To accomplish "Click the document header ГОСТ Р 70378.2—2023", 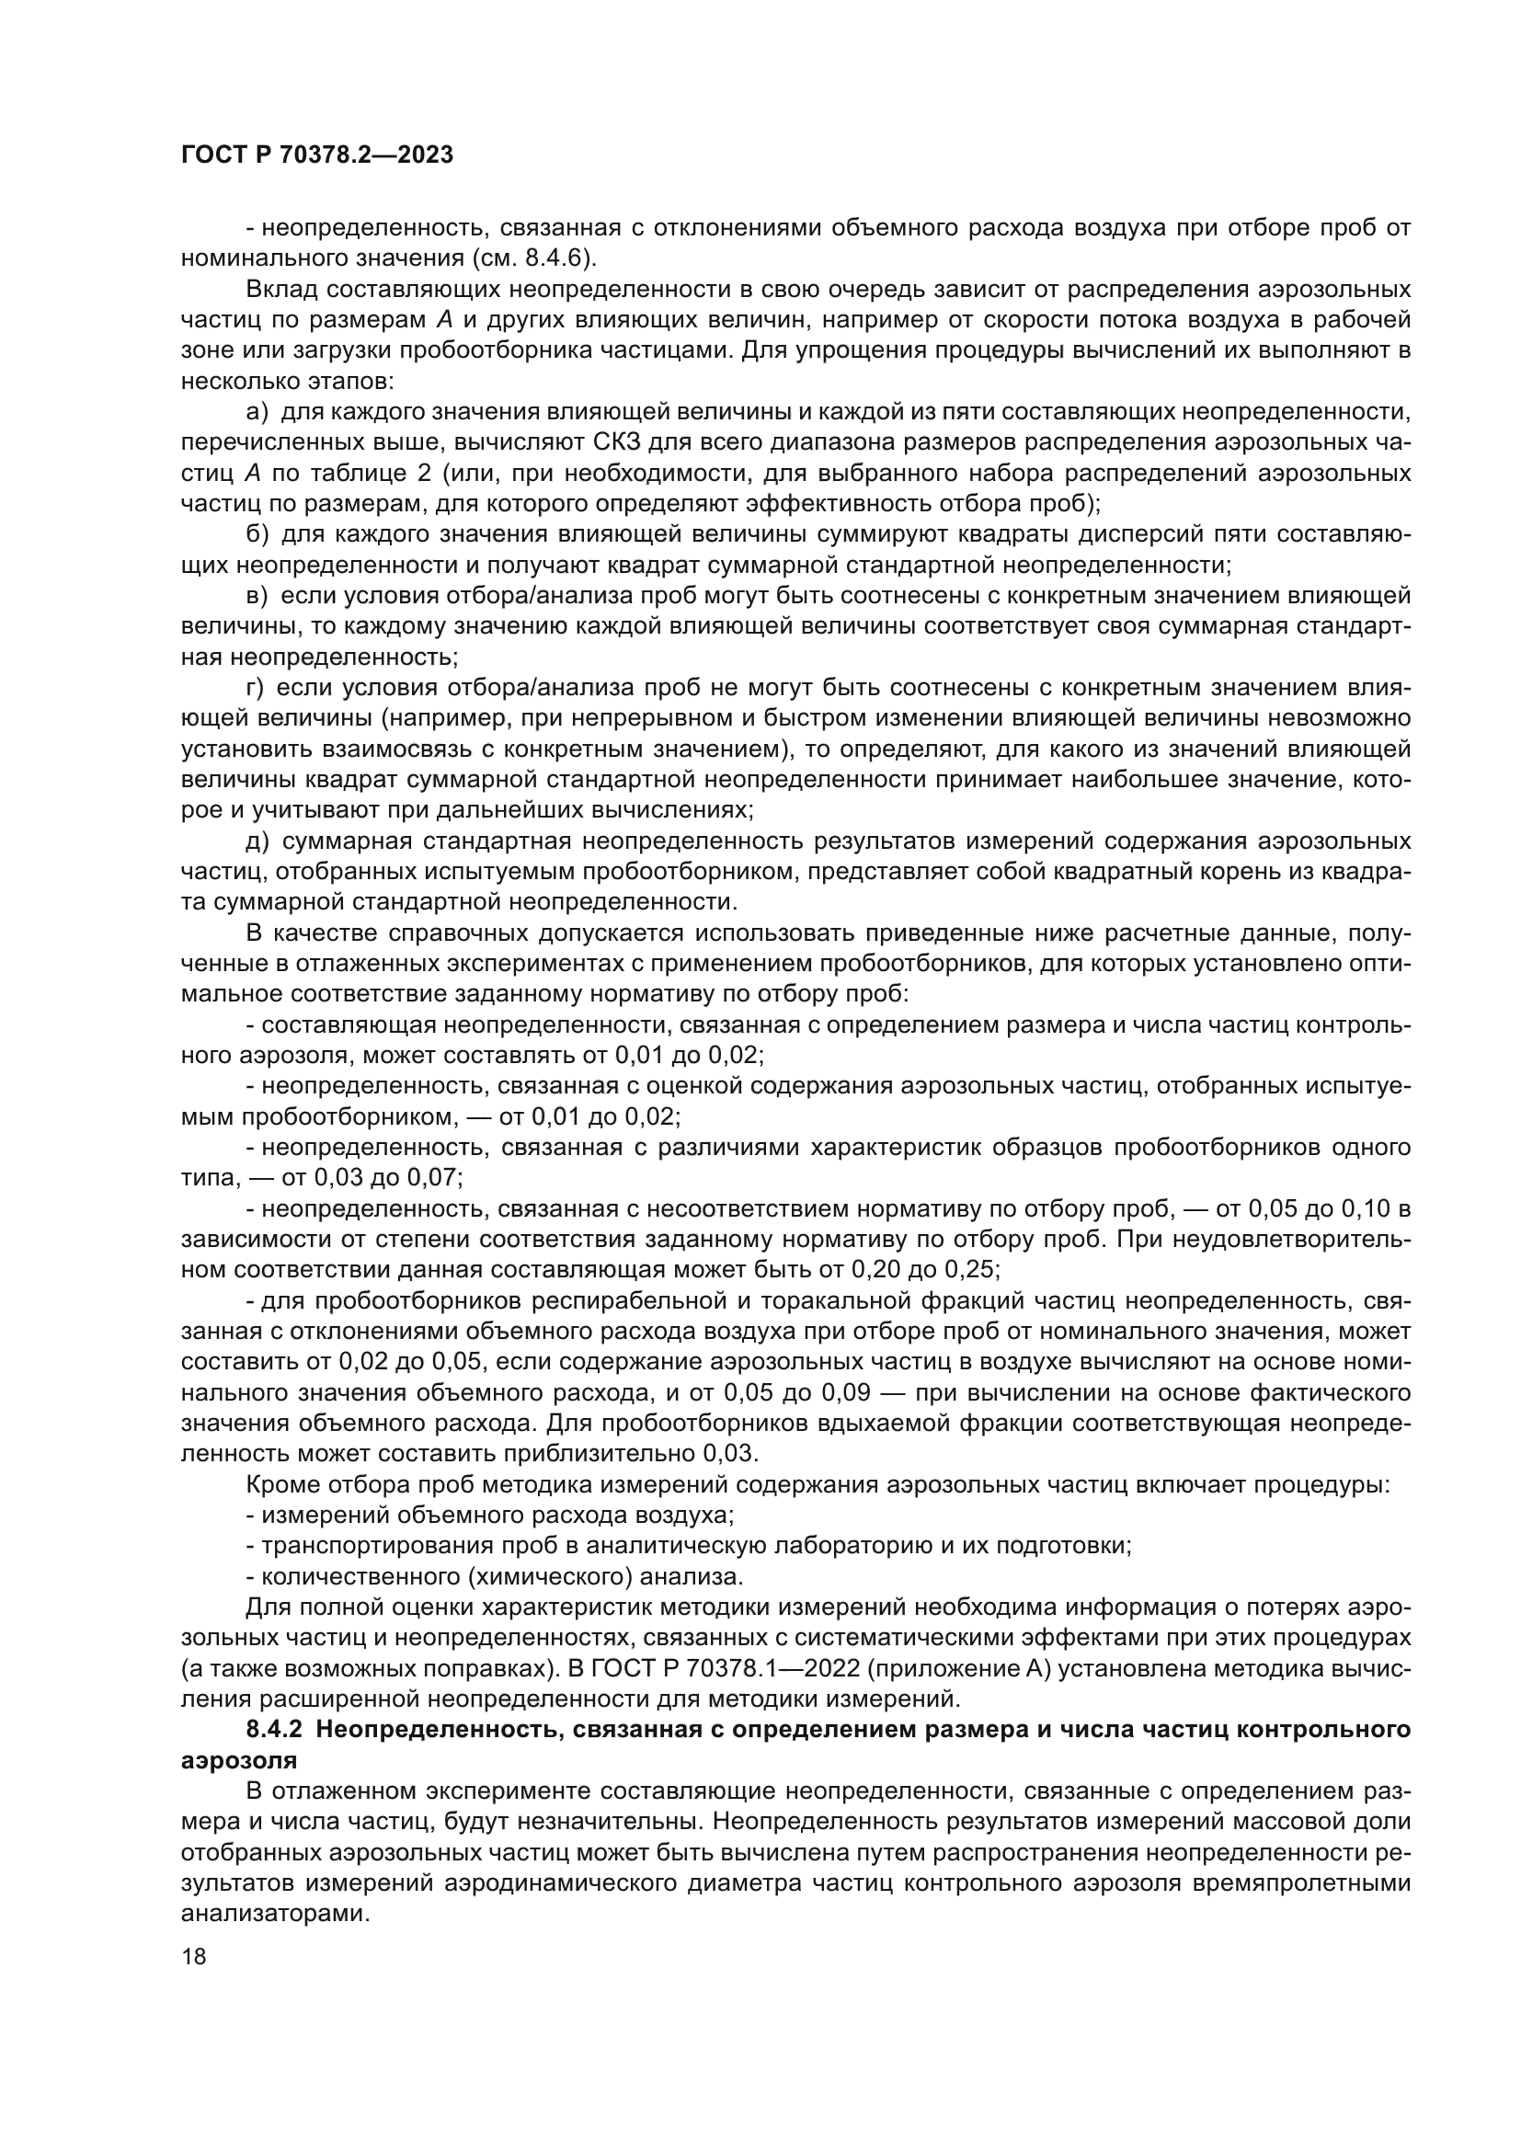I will click(x=316, y=155).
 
